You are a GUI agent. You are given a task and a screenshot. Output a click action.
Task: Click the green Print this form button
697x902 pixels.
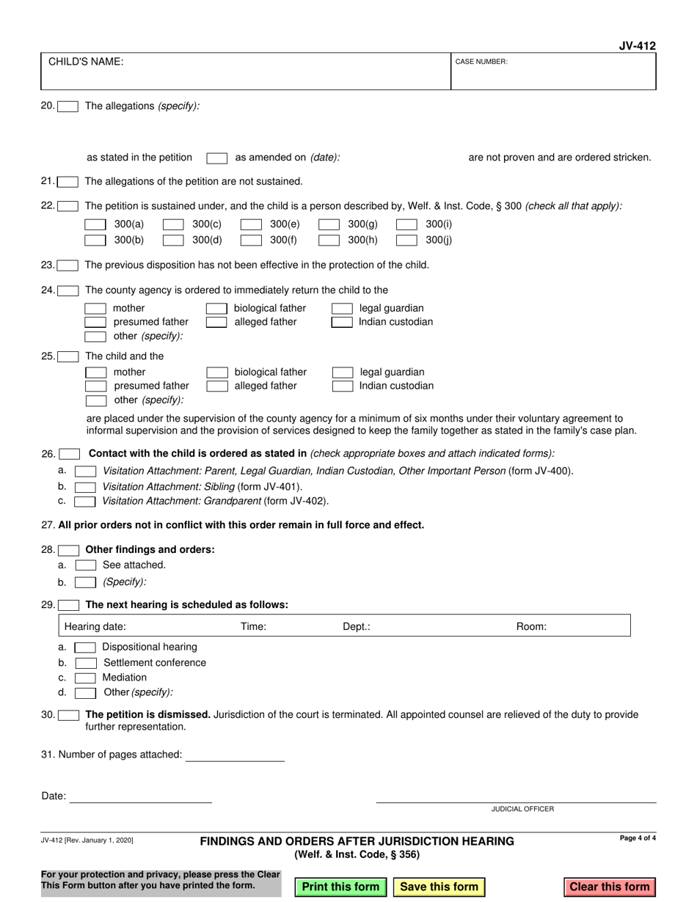tap(340, 887)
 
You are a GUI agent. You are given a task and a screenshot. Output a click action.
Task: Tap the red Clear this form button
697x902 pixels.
tap(609, 887)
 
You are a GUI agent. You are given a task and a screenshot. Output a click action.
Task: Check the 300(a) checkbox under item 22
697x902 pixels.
tap(96, 224)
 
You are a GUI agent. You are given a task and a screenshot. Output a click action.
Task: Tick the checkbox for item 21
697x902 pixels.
tap(68, 182)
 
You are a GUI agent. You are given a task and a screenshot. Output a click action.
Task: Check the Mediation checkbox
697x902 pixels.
tap(85, 678)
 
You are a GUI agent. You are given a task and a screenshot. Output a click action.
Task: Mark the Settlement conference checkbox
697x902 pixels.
tap(85, 663)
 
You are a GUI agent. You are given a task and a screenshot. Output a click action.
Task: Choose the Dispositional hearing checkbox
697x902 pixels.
tap(85, 648)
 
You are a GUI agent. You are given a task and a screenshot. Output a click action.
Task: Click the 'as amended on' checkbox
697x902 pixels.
tap(216, 158)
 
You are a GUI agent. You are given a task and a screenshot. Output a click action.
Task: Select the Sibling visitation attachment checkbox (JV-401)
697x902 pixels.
tap(85, 487)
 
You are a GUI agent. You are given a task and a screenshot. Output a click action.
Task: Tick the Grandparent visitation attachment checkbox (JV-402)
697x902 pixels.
tap(85, 502)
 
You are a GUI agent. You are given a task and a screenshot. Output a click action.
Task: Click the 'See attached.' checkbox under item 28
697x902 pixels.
tap(85, 565)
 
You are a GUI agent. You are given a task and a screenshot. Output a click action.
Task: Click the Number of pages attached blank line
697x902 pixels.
tap(235, 755)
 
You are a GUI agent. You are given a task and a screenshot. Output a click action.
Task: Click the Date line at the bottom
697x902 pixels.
tap(140, 796)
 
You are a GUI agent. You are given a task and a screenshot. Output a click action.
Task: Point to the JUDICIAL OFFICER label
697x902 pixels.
tap(522, 809)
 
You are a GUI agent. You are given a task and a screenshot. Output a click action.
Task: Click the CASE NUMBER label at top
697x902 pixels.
tap(481, 62)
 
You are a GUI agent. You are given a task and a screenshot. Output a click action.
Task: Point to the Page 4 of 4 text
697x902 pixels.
tap(638, 838)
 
